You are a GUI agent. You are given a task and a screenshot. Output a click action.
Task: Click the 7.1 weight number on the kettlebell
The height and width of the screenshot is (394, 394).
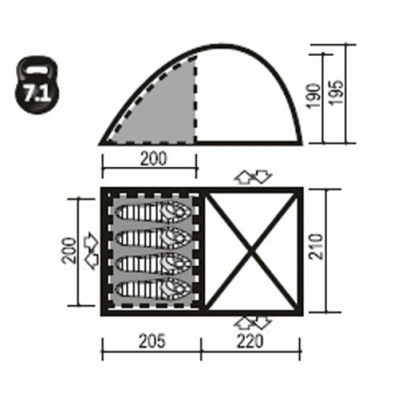37,94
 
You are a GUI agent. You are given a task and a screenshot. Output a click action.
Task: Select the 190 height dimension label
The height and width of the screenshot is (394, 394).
314,96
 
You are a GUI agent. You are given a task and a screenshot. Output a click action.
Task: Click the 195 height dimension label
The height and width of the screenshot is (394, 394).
336,92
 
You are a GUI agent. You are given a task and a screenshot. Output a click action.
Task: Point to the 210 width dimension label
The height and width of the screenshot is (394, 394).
316,246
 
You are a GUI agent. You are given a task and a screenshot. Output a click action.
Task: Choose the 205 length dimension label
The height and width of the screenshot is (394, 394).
152,341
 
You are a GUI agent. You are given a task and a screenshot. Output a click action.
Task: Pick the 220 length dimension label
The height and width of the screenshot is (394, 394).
250,341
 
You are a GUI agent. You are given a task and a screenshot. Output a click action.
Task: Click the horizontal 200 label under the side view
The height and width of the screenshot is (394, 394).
153,158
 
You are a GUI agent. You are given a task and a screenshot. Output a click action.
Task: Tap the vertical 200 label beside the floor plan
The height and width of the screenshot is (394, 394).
69,250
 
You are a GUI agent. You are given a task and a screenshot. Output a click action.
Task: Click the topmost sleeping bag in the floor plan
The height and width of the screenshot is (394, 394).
153,211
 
